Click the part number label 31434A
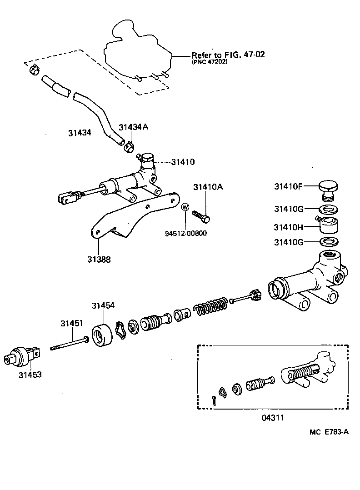134,127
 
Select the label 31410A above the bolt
207,187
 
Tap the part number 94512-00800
185,234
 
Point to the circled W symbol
185,207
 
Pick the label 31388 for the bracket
99,260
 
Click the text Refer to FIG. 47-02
228,55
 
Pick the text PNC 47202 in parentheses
210,62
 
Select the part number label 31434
80,133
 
